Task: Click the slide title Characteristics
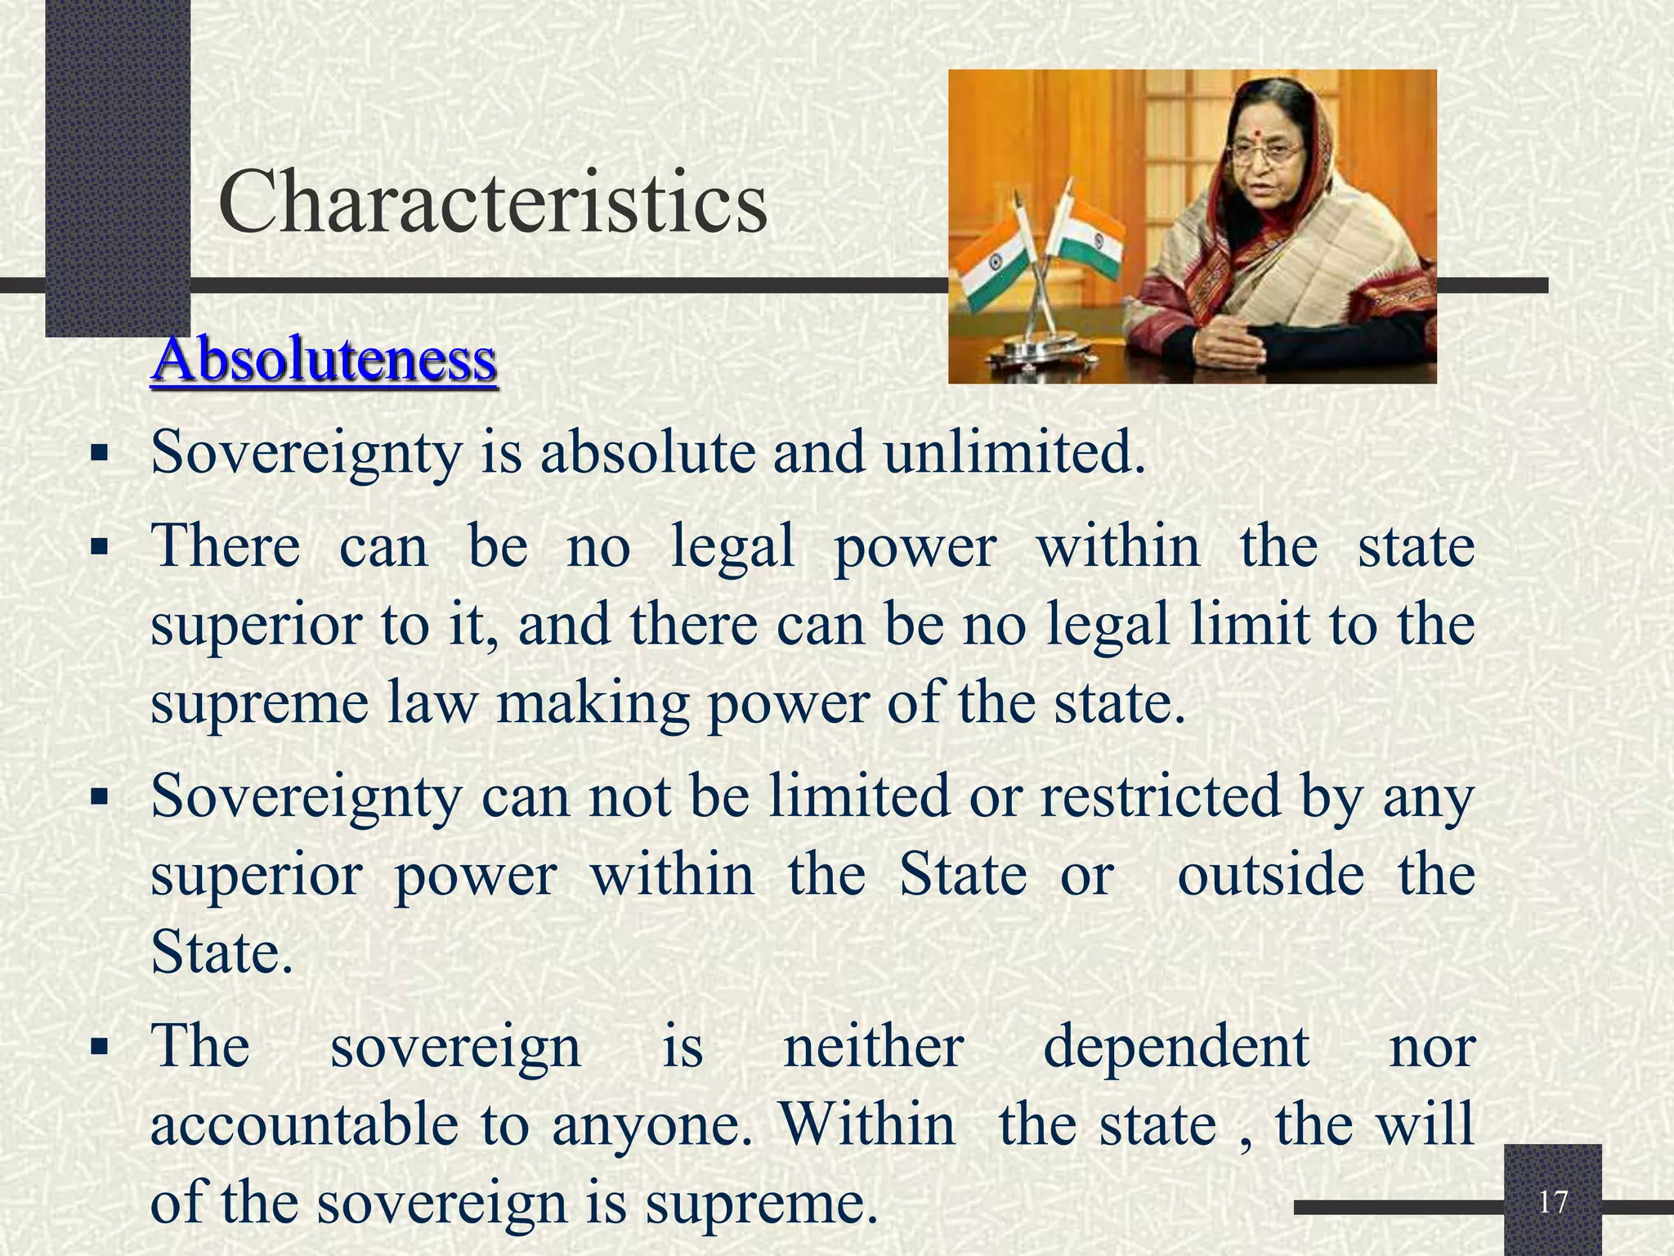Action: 493,200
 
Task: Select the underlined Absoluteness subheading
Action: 324,359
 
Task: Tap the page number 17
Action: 1552,1203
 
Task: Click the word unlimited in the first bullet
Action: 1014,452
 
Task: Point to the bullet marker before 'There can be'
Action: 100,545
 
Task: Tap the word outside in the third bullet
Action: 1270,875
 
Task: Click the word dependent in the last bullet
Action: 1176,1047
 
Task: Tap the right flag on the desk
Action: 1084,235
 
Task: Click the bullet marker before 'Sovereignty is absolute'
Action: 100,452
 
